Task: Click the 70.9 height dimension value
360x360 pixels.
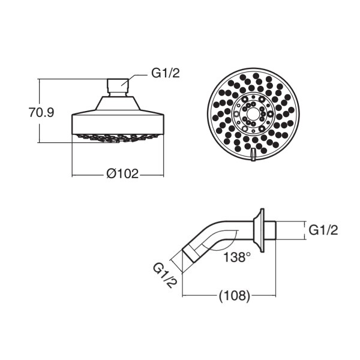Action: point(41,113)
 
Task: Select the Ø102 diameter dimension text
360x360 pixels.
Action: point(123,173)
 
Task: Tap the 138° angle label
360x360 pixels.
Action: point(237,257)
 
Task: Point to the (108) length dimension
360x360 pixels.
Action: point(234,296)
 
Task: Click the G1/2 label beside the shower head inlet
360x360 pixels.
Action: point(166,73)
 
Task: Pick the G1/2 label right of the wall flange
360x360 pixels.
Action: point(323,230)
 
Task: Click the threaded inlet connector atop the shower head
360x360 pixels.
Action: point(118,88)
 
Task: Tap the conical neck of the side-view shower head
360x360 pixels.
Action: point(118,103)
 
